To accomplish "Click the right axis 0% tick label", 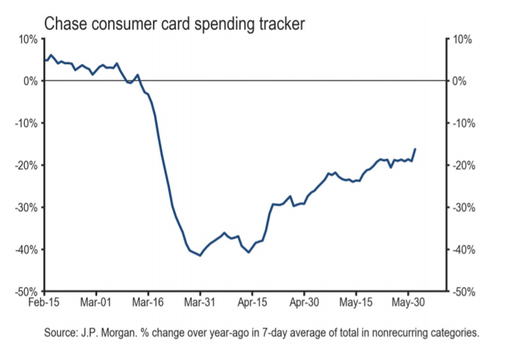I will coord(461,81).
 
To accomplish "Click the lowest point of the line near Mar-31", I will coord(200,255).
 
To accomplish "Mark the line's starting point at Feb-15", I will coord(45,60).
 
